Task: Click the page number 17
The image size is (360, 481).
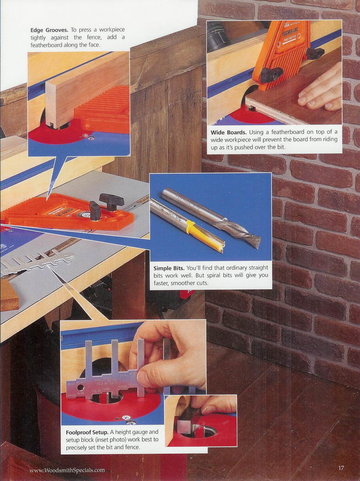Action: (x=341, y=468)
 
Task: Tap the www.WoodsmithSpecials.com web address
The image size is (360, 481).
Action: (x=67, y=470)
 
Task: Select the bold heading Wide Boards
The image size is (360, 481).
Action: (x=229, y=132)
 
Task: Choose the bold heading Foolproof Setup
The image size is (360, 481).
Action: (x=87, y=432)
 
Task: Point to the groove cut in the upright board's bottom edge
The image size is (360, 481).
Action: (x=52, y=126)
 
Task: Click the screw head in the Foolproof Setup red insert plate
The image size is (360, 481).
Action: (x=125, y=417)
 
